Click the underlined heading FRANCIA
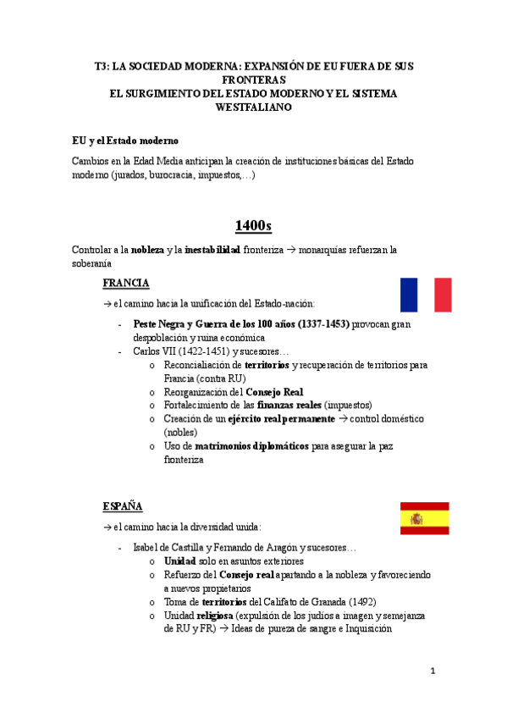point(125,282)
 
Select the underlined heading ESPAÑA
point(123,505)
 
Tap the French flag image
point(426,295)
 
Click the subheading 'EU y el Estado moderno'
point(125,140)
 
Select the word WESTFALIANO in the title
point(254,108)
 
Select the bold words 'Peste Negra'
point(162,323)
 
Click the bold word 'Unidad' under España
point(179,561)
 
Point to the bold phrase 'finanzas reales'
point(288,406)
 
